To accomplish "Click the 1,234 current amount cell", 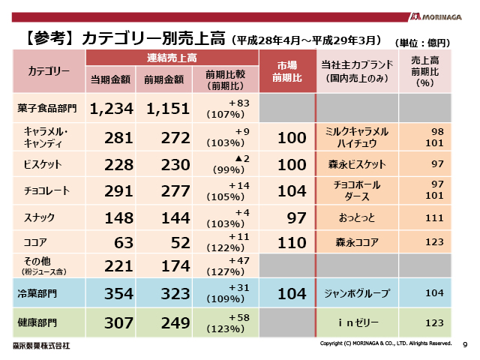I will (111, 109).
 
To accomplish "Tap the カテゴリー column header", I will (49, 70).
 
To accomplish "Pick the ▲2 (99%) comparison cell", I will (226, 163).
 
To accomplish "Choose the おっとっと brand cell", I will (356, 217).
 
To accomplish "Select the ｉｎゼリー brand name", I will (356, 322).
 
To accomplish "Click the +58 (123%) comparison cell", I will (226, 322).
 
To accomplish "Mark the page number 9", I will (465, 345).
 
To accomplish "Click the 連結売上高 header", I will (172, 58).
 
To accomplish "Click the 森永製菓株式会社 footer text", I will (40, 346).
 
